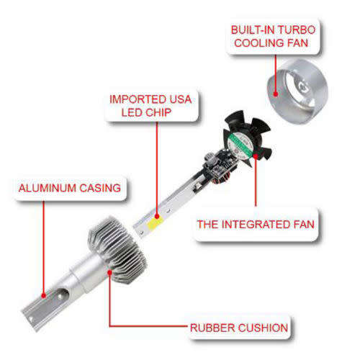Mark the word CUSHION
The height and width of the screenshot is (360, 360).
coord(263,329)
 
